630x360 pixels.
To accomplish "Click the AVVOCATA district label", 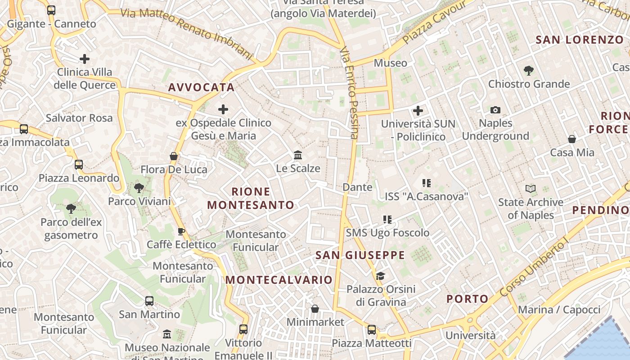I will click(x=201, y=87).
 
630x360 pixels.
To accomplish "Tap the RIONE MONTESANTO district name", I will click(x=251, y=198).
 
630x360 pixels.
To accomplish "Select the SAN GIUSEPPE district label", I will click(x=360, y=255).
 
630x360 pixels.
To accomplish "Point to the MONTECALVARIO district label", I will click(x=279, y=279).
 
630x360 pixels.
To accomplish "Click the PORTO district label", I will click(x=467, y=299).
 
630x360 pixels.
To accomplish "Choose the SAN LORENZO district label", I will click(x=580, y=40).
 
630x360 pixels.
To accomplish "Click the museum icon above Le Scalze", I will click(x=297, y=155).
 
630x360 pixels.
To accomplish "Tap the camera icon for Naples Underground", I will click(x=495, y=110).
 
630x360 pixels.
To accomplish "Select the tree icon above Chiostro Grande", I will click(x=529, y=70).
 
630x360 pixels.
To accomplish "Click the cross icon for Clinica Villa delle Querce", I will click(x=85, y=59).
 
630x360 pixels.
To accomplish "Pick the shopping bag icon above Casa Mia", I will click(x=572, y=139).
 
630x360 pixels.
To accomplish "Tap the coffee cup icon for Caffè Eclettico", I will click(x=181, y=231).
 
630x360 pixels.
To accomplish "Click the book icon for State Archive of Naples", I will click(x=531, y=189).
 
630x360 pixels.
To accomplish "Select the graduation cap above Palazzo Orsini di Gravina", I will click(x=381, y=276).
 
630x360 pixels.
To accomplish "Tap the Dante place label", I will click(x=357, y=187).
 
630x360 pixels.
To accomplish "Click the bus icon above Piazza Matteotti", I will click(x=372, y=330).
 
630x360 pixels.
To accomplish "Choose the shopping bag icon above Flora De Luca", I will click(x=174, y=156).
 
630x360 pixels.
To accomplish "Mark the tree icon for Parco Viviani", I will click(x=139, y=188).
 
